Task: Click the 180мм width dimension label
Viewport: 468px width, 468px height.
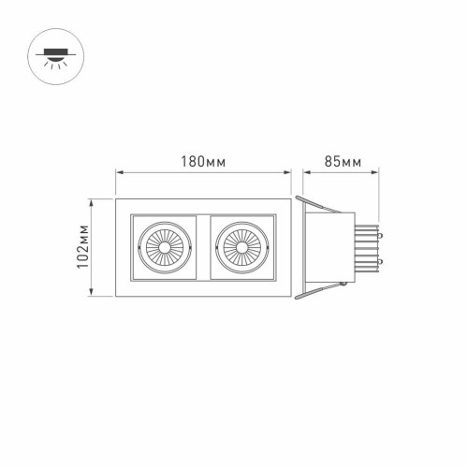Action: (204, 162)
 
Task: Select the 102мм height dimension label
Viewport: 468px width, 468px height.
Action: (82, 248)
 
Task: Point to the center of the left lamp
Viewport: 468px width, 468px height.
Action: (165, 249)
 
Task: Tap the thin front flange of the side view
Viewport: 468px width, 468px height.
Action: (295, 248)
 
